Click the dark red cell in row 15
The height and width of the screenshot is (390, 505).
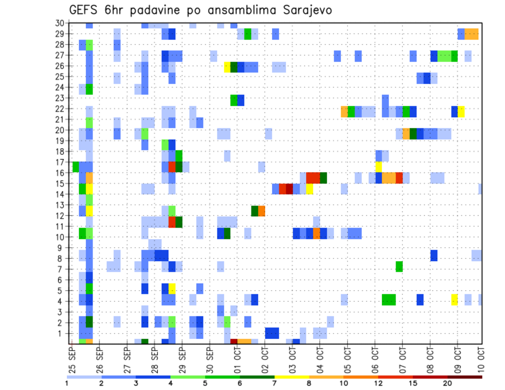(x=289, y=189)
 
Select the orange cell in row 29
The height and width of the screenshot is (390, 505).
(x=471, y=34)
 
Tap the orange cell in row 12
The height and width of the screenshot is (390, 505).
(x=261, y=210)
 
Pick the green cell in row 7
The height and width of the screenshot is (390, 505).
(x=399, y=266)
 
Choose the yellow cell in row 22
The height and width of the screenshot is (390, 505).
(x=461, y=111)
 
